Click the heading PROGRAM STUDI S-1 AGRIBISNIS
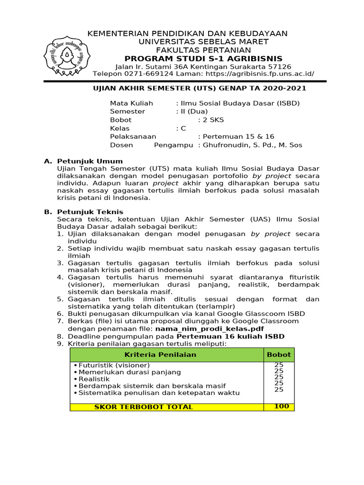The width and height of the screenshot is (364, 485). [197, 58]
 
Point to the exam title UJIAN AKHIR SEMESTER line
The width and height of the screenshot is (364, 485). [199, 88]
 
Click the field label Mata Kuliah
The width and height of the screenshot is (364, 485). [131, 103]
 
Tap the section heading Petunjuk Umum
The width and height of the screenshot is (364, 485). [90, 161]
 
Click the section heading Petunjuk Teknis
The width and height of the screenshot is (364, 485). [90, 212]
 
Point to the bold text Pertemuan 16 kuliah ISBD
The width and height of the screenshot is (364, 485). [231, 336]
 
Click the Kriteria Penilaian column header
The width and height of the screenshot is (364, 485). [160, 355]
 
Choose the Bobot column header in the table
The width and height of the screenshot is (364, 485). [279, 355]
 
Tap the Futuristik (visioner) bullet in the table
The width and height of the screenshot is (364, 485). [114, 365]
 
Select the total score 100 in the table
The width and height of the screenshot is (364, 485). [281, 406]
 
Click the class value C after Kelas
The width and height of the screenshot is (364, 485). [182, 128]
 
